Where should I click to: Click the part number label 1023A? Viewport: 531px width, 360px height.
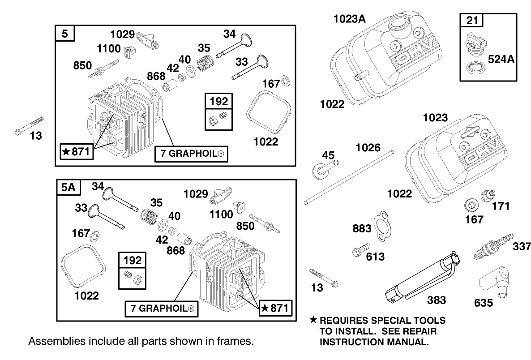point(350,19)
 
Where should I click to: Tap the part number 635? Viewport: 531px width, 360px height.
point(484,303)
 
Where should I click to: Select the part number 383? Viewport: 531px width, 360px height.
point(436,300)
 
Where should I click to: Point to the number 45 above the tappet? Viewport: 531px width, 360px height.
point(329,155)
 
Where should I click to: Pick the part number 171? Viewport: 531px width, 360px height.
point(501,206)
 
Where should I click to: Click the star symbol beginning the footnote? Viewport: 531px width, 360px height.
point(313,321)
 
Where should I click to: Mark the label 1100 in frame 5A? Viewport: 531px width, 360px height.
point(222,214)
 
